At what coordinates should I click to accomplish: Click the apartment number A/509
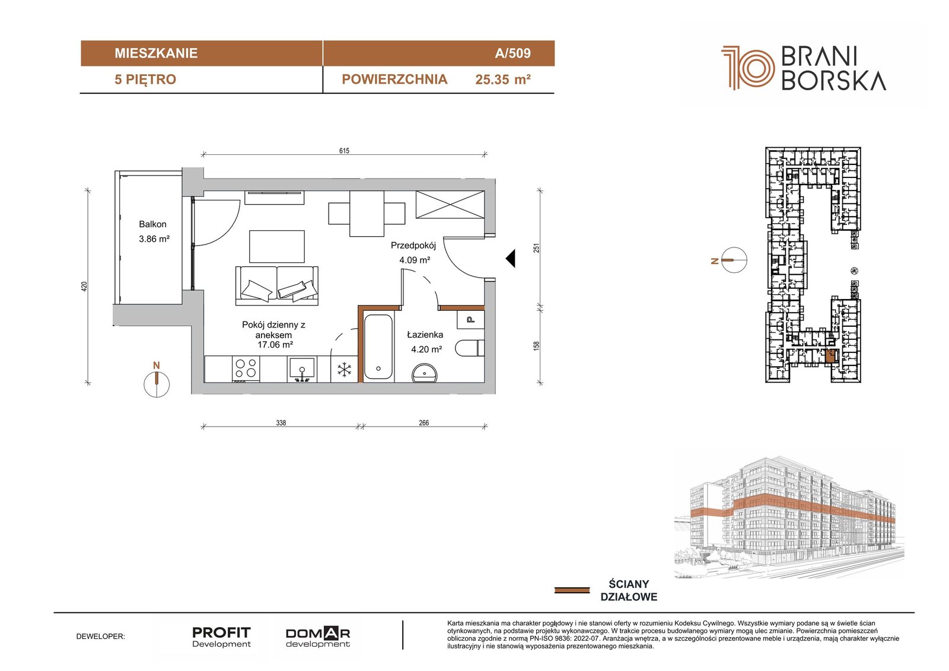coord(512,53)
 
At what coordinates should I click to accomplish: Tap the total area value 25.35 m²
coord(503,79)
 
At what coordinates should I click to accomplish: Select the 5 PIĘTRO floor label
coord(145,79)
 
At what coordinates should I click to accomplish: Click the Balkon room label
coord(152,224)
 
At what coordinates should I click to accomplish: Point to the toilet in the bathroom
coord(470,348)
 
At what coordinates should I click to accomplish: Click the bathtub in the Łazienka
coord(378,346)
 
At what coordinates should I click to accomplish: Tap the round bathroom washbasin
coord(425,373)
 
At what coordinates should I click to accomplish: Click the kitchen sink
coord(302,369)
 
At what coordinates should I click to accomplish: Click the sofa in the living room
coord(276,286)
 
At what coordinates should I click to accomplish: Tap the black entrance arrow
coord(510,258)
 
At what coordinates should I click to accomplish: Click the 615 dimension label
coord(344,151)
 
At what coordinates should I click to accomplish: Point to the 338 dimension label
coord(281,422)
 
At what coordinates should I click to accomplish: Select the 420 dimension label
coord(84,286)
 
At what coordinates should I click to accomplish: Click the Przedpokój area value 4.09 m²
coord(415,260)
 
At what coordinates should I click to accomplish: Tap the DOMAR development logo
coord(318,637)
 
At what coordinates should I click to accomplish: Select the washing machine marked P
coord(471,320)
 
